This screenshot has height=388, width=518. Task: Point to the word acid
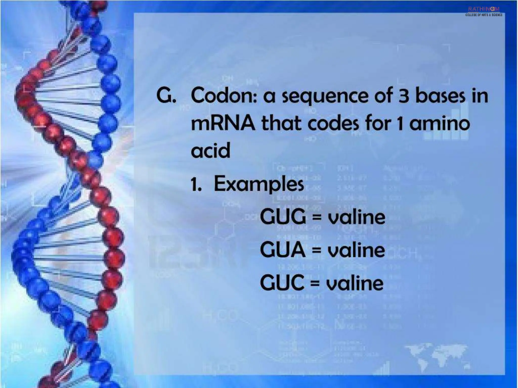click(x=210, y=151)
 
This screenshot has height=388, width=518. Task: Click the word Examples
click(x=259, y=184)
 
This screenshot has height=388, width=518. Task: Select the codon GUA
click(x=283, y=250)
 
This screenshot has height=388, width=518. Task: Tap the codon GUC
click(x=282, y=282)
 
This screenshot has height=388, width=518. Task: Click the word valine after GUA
click(x=356, y=250)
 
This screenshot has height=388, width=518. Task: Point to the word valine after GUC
click(x=355, y=283)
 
